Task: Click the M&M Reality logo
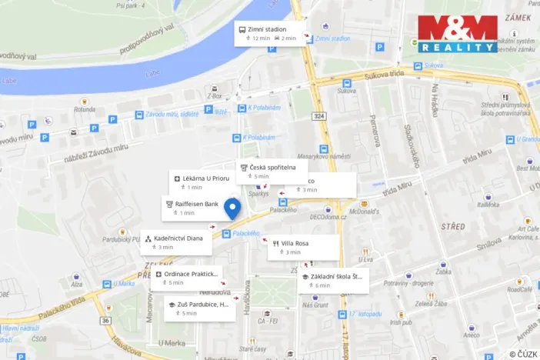(458, 34)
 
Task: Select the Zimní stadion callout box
(271, 33)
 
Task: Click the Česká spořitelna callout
(272, 171)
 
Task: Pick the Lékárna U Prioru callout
(201, 182)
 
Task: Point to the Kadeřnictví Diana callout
(176, 242)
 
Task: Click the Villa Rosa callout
(303, 247)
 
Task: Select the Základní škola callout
(333, 281)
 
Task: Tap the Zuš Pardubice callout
(198, 308)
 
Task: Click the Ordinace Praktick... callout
(186, 278)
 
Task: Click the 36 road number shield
(105, 320)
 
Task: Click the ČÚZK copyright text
(522, 353)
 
